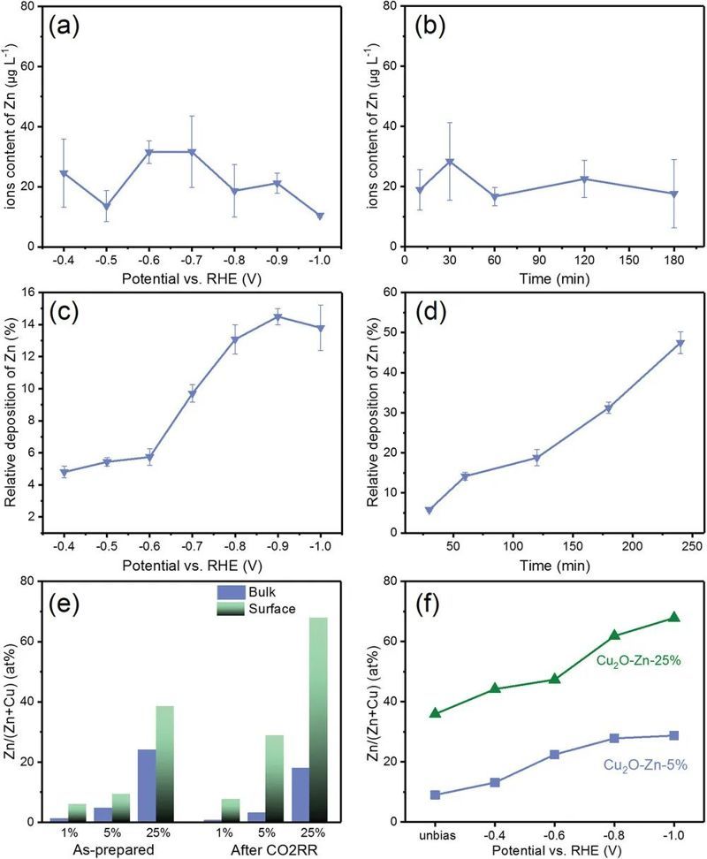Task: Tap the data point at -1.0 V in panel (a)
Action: [319, 216]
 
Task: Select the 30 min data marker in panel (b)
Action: [449, 162]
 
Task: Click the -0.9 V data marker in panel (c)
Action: [277, 317]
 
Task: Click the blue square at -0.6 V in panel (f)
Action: [554, 754]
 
